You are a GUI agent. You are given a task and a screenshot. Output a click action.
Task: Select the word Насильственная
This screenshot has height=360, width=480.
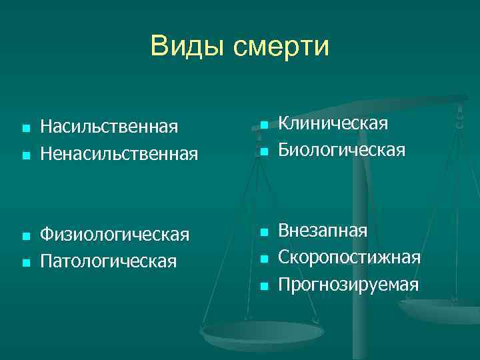(x=109, y=127)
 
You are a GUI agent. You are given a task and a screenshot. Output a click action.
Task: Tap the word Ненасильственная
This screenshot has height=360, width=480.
(x=119, y=155)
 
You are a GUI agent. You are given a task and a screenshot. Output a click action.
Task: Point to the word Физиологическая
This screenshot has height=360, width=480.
(x=115, y=235)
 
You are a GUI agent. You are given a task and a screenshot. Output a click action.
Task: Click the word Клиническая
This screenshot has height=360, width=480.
(x=333, y=124)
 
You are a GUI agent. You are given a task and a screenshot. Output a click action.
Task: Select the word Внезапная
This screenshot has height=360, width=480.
(x=323, y=231)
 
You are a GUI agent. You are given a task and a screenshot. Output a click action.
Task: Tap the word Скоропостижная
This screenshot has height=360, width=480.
(x=349, y=258)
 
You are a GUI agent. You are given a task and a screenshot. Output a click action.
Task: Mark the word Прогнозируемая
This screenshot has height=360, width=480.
(x=349, y=285)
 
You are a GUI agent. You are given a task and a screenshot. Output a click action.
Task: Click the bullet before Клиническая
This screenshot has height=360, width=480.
(x=263, y=125)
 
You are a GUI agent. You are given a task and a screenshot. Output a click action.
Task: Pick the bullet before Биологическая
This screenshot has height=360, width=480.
(x=263, y=152)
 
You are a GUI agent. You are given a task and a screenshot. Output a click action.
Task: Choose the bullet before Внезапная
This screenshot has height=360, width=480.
(x=263, y=232)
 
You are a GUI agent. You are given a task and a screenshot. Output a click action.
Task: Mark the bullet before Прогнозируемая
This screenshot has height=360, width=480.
(x=263, y=286)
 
